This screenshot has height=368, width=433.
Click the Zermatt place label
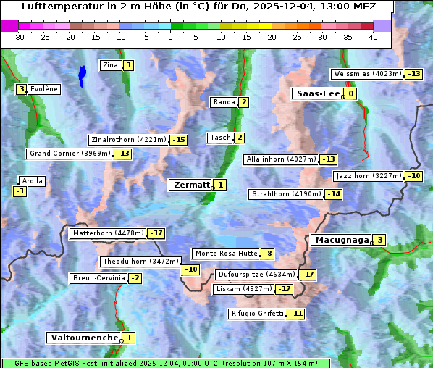190,185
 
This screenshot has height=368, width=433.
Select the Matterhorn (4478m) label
108,233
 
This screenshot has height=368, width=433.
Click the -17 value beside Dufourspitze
308,275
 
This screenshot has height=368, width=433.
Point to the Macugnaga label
340,240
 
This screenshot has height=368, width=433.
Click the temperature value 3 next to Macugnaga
379,240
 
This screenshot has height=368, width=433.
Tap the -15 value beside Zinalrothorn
178,140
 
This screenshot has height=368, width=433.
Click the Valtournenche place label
83,338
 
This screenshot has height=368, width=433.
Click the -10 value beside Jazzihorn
414,176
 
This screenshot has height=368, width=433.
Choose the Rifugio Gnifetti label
256,314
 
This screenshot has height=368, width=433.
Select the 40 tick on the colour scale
373,38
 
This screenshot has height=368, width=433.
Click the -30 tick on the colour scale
19,38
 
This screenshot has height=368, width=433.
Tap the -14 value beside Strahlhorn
334,194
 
